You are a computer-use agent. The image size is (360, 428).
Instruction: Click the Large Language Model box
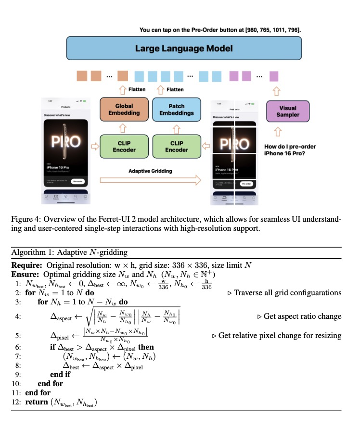[183, 48]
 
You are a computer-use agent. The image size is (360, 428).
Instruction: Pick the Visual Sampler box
[287, 111]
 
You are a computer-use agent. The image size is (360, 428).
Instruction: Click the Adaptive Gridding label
[150, 171]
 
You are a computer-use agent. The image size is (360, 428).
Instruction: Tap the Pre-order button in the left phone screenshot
[78, 182]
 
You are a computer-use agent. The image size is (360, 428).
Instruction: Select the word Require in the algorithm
[27, 265]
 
